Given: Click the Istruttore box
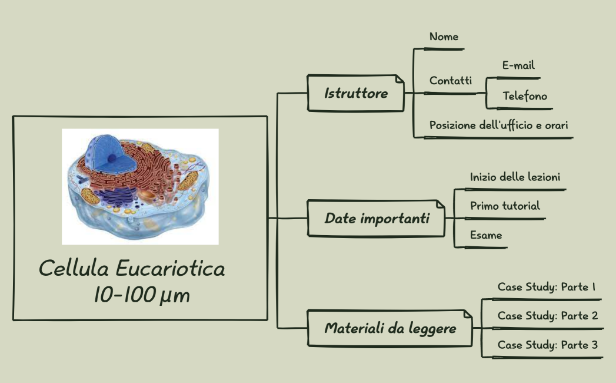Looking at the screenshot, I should [356, 93].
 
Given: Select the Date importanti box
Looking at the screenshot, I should [377, 219].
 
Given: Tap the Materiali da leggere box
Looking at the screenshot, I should [390, 328].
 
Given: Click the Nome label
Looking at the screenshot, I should [444, 37].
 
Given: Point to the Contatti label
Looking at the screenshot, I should [451, 81].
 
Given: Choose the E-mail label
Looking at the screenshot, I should [518, 65].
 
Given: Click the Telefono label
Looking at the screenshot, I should [525, 95].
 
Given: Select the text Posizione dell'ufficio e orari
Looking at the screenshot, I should [498, 125].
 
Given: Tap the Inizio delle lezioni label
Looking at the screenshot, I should [515, 176].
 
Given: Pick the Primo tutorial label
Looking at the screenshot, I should [505, 206].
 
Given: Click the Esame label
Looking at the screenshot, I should [486, 235].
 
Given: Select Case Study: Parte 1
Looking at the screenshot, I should [547, 287].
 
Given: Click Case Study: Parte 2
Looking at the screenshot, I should [547, 315].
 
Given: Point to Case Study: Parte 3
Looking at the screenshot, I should [547, 345].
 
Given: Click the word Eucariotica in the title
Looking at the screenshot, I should [170, 269].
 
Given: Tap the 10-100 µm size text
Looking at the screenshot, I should [142, 295].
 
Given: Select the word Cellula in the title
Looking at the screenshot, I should [74, 269].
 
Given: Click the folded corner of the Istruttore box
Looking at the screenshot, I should [399, 79].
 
